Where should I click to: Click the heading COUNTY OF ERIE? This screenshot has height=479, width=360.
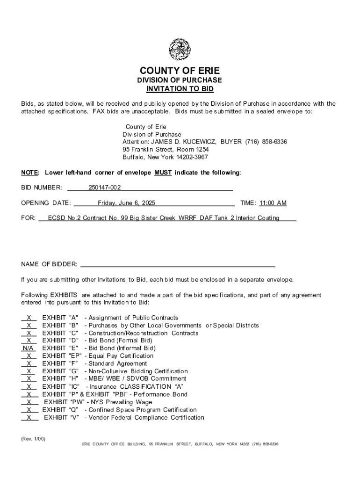[180, 71]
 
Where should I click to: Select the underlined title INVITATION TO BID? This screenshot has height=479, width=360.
[180, 89]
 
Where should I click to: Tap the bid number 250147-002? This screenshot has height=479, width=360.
[105, 188]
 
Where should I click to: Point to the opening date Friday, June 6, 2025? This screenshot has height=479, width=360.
[126, 203]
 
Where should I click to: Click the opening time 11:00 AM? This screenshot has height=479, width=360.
[273, 203]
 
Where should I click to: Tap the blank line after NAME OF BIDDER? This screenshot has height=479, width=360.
[178, 264]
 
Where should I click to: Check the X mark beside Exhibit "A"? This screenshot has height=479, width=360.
[29, 318]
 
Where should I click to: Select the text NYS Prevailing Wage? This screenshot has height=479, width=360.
[123, 402]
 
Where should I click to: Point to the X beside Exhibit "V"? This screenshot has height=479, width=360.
[29, 417]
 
